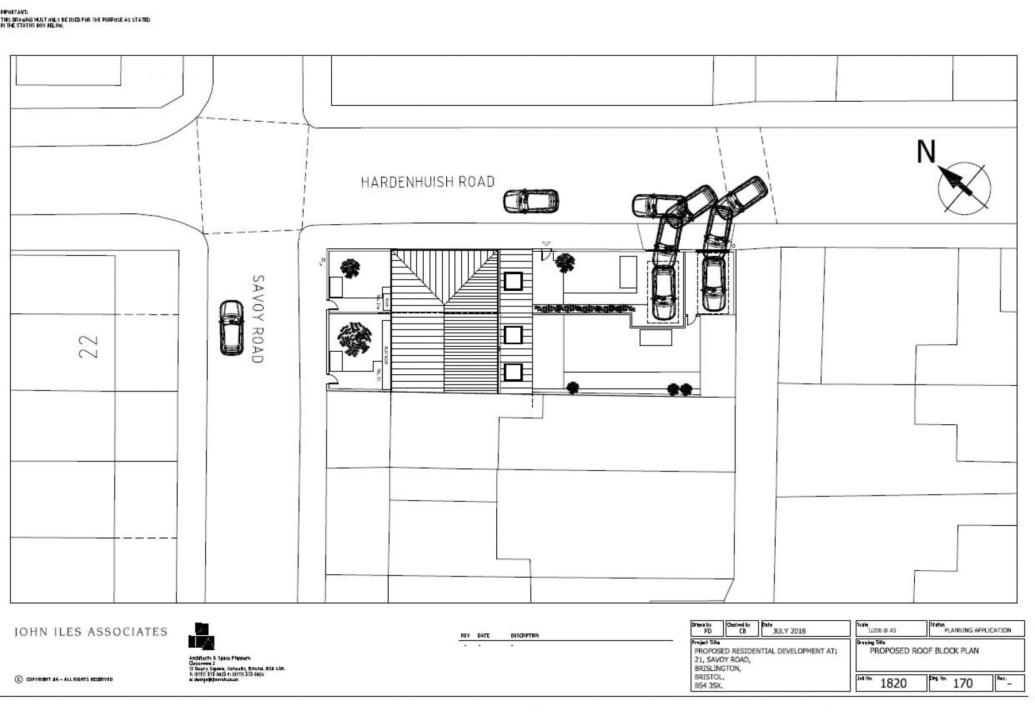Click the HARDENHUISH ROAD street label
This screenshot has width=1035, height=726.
tap(427, 182)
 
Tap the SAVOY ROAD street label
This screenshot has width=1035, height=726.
tap(258, 319)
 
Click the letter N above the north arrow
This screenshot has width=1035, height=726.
tap(926, 152)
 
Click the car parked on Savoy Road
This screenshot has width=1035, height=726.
tap(231, 328)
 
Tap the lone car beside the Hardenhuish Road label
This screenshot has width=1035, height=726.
tap(531, 202)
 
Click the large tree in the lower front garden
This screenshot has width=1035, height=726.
tap(354, 337)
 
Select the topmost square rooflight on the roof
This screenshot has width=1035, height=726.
tap(513, 282)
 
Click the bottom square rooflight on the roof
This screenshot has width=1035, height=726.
tap(513, 372)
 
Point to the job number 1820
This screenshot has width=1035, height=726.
tap(893, 683)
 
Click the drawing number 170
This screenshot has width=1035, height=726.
tap(963, 683)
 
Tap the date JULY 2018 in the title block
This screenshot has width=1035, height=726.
tap(789, 631)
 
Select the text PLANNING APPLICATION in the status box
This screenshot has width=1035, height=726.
tap(977, 630)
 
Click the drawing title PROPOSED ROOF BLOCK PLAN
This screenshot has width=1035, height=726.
tap(924, 651)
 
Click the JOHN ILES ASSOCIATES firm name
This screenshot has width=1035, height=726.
tap(90, 632)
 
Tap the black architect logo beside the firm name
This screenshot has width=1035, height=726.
tap(201, 636)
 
